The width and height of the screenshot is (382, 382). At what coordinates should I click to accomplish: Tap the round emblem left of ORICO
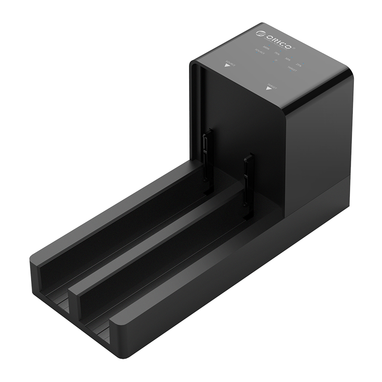(260, 33)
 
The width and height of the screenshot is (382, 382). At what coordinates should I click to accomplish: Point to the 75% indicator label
(276, 54)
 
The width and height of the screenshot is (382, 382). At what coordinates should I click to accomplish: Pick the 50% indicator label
(287, 60)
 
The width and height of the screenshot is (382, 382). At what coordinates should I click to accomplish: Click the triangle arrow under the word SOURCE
(227, 66)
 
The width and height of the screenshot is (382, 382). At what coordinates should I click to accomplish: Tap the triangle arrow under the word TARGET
(269, 89)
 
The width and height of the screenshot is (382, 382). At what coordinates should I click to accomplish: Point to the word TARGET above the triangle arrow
(272, 84)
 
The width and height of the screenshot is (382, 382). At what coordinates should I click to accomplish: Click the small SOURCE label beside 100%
(260, 52)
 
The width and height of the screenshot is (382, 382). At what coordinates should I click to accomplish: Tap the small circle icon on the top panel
(276, 61)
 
